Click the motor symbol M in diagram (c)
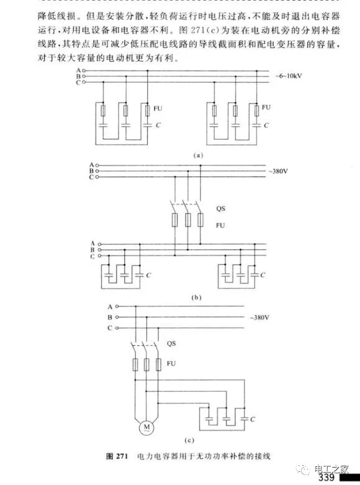coord(146,428)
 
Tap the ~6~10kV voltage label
coord(289,76)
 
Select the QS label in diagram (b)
coord(220,209)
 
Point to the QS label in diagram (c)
coord(171,343)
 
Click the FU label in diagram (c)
coord(171,363)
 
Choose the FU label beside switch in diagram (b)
coord(220,225)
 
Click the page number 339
coord(326,478)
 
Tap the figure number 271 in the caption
coord(122,456)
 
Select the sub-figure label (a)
coord(198,155)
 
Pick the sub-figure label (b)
coord(196,297)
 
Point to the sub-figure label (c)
coord(189,440)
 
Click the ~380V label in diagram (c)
coord(259,317)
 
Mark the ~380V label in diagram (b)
coord(278,171)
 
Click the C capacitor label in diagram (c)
coord(253,419)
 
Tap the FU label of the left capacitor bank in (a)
coord(158,108)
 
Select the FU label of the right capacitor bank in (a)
coord(266,107)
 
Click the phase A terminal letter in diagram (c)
coord(110,307)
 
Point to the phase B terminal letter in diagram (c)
coord(110,317)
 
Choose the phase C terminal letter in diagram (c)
coord(110,328)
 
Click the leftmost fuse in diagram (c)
coord(135,365)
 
